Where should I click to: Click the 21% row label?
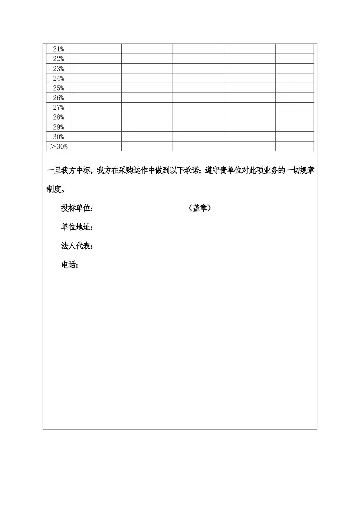tap(58, 49)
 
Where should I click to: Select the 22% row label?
tap(58, 59)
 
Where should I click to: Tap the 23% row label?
tap(58, 68)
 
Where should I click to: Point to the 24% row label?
tap(58, 78)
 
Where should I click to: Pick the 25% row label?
tap(58, 88)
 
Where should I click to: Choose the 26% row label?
tap(58, 98)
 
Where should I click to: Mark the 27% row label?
tap(58, 107)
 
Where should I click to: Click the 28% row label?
tap(58, 117)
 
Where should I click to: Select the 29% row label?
tap(58, 127)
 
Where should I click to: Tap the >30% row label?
tap(58, 146)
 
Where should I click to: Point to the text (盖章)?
tap(199, 208)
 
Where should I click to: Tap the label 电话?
tap(70, 265)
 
